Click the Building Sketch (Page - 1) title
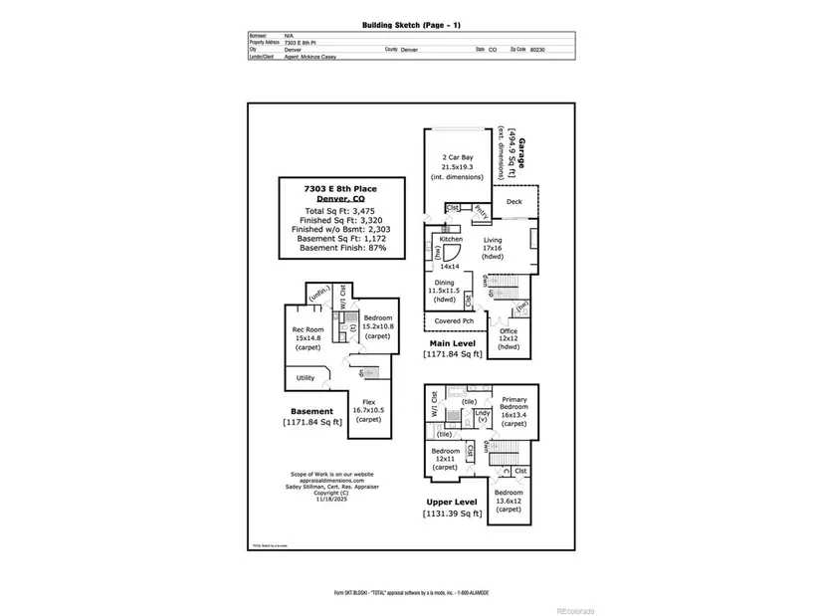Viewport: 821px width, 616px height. [x=409, y=24]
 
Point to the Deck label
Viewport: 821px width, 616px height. [x=513, y=202]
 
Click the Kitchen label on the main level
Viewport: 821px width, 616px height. [x=451, y=240]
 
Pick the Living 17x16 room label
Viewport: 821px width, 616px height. [x=494, y=248]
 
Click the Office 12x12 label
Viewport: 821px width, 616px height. [x=509, y=339]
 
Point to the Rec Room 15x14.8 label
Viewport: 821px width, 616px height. [x=307, y=338]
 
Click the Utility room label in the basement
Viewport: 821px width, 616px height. [x=305, y=378]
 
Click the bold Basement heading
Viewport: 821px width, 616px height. [x=310, y=411]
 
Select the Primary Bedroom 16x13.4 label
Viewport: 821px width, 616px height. [x=513, y=407]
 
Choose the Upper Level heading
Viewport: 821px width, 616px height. [x=451, y=502]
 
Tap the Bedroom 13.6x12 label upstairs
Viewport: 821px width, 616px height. [x=508, y=501]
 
